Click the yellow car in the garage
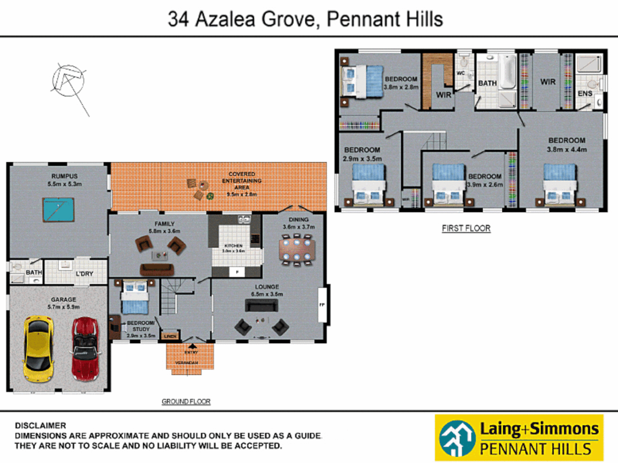39,349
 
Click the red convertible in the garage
86,349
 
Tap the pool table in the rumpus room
58,210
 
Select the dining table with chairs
297,250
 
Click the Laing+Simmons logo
519,438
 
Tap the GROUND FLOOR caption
186,402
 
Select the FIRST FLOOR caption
466,228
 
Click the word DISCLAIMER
40,426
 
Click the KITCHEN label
233,246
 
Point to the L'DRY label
85,274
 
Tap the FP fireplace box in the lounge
322,305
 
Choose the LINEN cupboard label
170,336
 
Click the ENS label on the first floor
585,93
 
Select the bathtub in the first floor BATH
507,71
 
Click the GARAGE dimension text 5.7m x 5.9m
64,307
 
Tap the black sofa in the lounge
261,305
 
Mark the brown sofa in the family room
157,270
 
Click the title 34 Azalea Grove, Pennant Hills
305,19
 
